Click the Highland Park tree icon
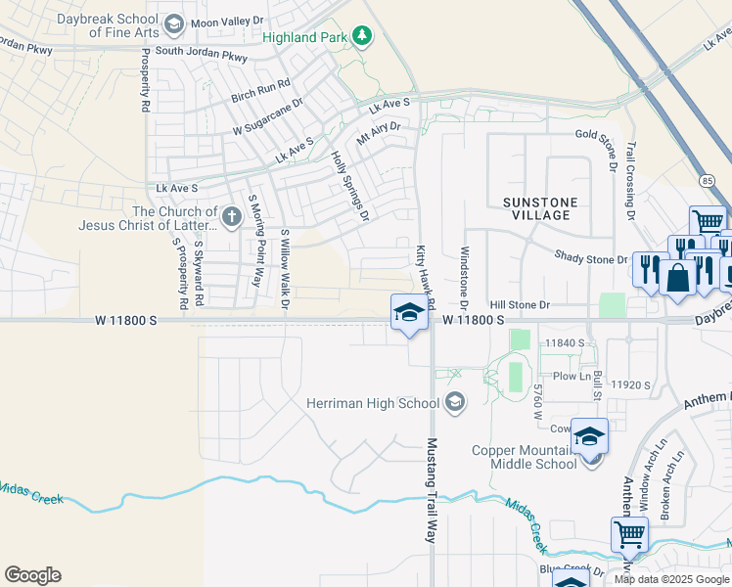pos(363,36)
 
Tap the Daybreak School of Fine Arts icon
pos(174,24)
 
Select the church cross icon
pos(231,216)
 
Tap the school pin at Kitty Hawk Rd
pos(409,313)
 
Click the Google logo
pos(32,575)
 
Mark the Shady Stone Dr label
pos(590,259)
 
